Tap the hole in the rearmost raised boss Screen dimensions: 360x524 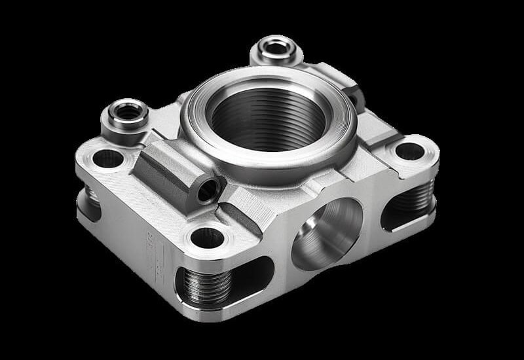click(x=276, y=46)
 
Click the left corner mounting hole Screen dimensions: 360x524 click(x=108, y=158)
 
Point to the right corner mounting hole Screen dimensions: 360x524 click(x=409, y=151)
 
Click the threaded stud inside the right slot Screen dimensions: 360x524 click(x=416, y=196)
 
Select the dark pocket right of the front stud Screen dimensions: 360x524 click(x=252, y=275)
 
